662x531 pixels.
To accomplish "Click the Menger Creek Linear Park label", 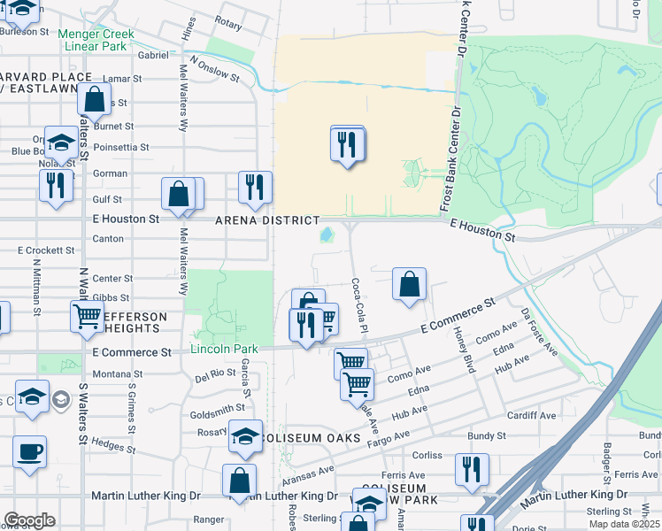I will [96, 40].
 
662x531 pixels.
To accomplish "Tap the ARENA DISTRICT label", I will [266, 219].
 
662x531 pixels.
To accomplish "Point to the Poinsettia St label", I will [121, 147].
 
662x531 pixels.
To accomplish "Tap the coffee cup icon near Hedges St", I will [29, 450].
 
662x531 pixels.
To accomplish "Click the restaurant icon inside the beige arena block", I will [347, 143].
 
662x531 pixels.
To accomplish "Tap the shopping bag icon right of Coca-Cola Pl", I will [409, 285].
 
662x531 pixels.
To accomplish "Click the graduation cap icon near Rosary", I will [245, 435].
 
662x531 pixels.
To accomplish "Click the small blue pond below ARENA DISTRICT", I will [326, 235].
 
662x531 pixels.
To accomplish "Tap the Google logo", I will [29, 520].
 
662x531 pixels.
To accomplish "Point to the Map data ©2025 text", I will [625, 524].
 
